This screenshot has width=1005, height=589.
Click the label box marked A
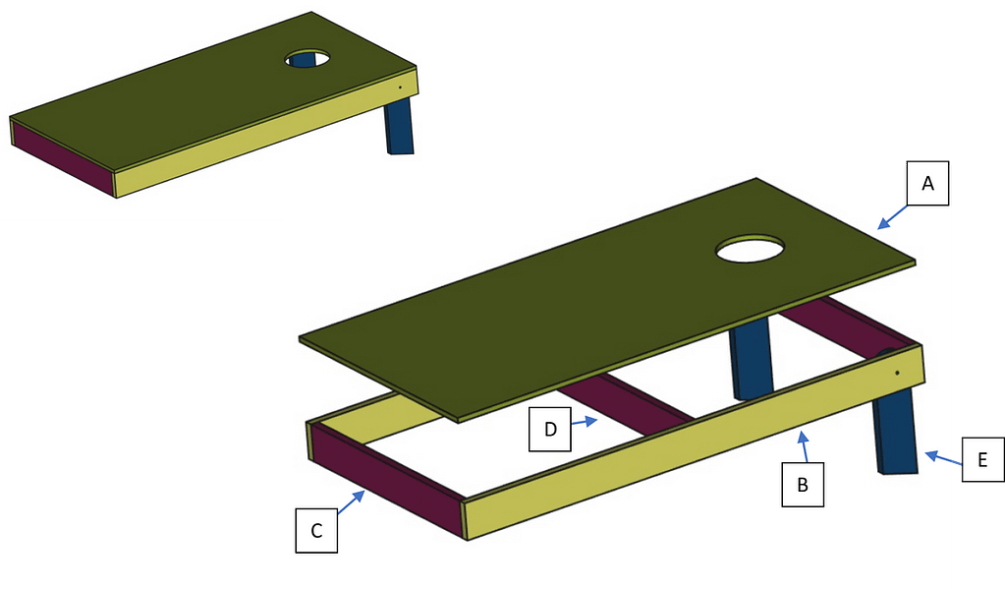click(x=926, y=185)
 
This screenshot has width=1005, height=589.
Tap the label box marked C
click(x=316, y=531)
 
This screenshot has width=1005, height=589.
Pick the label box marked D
click(x=550, y=430)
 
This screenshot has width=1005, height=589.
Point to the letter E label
click(x=981, y=458)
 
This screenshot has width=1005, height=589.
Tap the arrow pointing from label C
click(x=352, y=501)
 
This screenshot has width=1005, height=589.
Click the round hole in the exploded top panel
click(x=751, y=249)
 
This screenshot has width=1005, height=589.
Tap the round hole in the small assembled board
click(x=307, y=57)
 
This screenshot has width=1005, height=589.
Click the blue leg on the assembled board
click(x=400, y=128)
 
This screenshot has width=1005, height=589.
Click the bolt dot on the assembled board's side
click(x=401, y=87)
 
